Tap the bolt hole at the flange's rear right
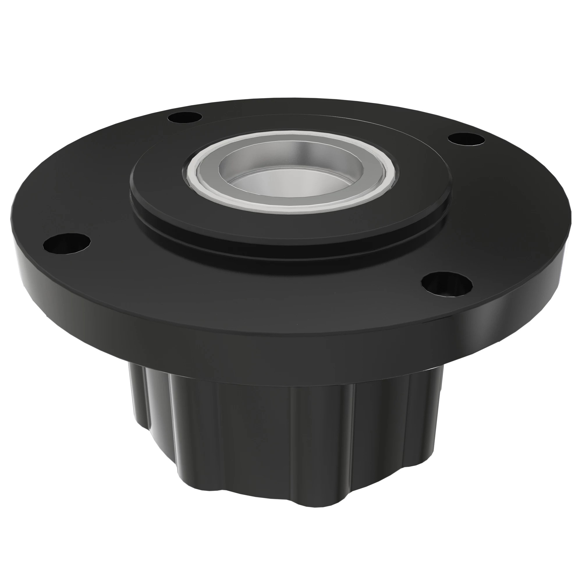[466, 139]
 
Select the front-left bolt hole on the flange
[67, 243]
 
